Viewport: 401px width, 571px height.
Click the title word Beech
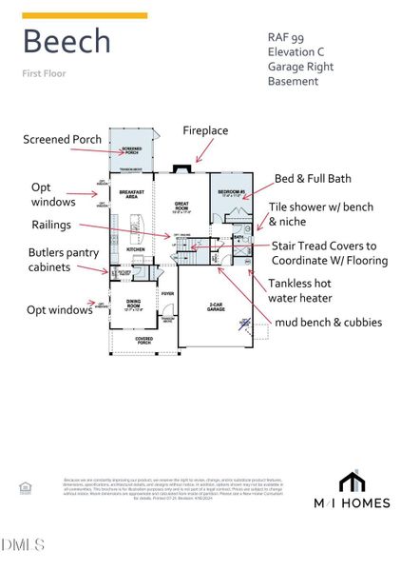click(67, 41)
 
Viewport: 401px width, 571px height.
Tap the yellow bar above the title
click(85, 15)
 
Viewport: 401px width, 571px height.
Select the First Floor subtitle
click(45, 73)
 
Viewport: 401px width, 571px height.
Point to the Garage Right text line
click(300, 67)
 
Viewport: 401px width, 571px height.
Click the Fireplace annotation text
click(205, 130)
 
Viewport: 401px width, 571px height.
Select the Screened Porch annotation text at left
click(62, 140)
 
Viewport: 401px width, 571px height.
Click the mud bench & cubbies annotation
click(328, 323)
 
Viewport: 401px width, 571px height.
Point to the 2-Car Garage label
click(216, 306)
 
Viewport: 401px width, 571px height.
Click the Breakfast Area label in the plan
click(132, 193)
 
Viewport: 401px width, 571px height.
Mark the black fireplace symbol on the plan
click(181, 171)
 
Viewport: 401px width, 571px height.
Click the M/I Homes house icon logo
click(352, 481)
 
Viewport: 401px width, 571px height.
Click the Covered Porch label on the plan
click(143, 339)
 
